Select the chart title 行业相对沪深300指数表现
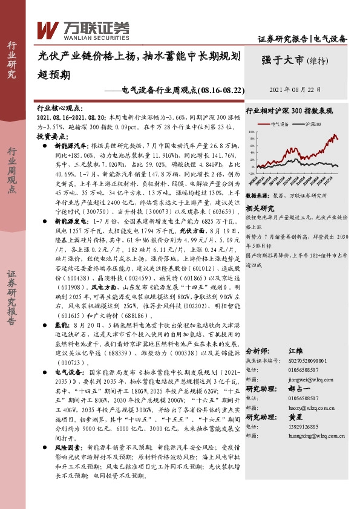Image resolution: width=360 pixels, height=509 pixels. click(x=289, y=112)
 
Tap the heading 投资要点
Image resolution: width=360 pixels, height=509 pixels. click(x=50, y=137)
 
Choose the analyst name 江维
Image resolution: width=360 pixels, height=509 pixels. click(x=296, y=351)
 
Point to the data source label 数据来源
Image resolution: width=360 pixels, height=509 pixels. click(x=257, y=179)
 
